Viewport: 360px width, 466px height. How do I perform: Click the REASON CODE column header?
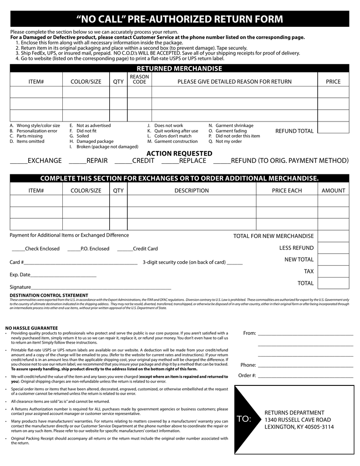139,79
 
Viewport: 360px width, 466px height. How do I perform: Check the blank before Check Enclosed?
18,250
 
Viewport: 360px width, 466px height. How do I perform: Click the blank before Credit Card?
125,250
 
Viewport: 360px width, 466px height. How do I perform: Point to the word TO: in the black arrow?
244,419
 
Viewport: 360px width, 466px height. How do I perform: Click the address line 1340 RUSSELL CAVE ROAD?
298,420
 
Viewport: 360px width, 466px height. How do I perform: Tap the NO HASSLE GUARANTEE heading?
31,328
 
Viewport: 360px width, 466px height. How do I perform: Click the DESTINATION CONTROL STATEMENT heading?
49,295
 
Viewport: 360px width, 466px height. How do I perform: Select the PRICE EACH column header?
287,191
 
